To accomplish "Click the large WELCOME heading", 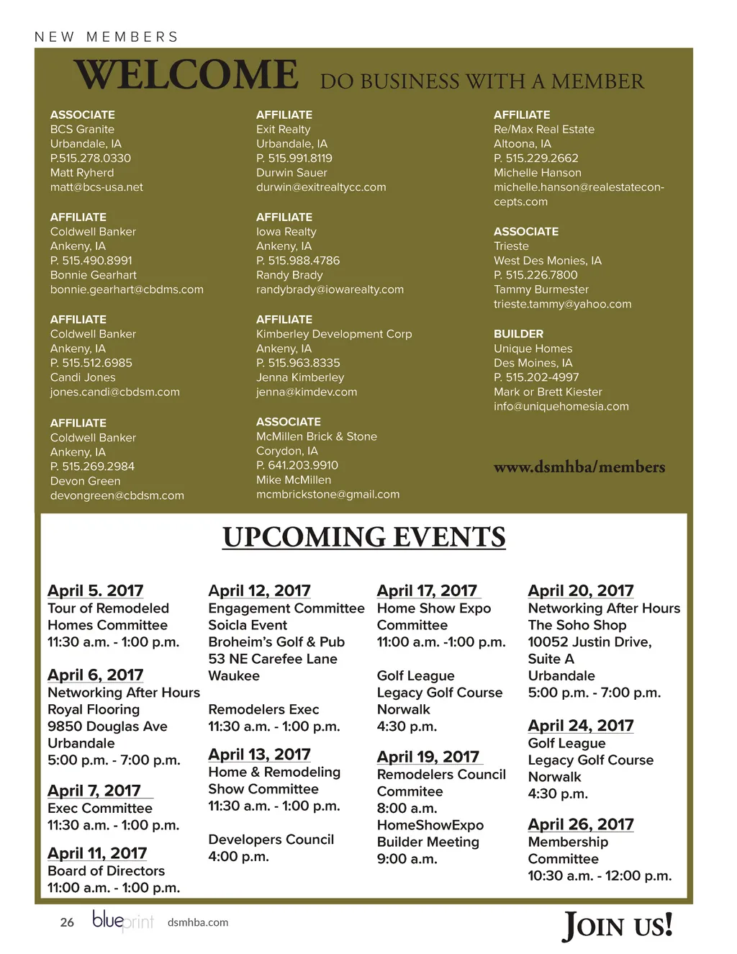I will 186,75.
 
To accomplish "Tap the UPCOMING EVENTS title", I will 363,537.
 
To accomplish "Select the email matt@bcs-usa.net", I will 96,187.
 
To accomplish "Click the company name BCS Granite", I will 82,130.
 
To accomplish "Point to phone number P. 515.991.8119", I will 294,158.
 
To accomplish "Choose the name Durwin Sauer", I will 291,173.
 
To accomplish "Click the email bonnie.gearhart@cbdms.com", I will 127,289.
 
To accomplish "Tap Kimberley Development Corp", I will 334,334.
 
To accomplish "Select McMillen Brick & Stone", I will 317,436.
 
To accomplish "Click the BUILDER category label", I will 518,334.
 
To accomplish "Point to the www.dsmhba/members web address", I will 579,467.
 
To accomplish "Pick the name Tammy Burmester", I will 541,289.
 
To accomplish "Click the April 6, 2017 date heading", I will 95,675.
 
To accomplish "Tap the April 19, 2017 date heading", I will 428,757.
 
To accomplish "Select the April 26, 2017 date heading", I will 581,824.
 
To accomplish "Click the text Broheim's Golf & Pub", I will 276,642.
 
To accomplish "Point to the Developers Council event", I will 271,840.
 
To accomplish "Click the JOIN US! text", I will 618,925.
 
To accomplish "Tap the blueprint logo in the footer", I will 123,921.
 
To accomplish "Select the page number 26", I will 67,922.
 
